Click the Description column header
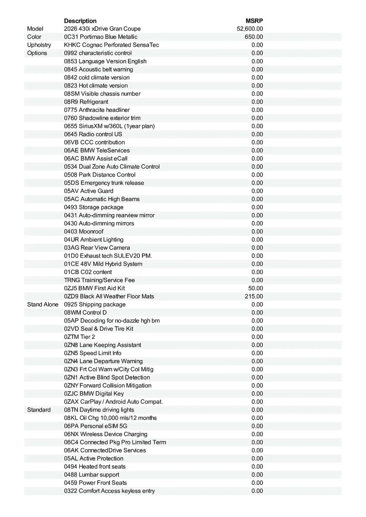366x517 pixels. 80,21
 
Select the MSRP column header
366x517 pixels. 254,21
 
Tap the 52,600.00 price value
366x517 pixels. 250,29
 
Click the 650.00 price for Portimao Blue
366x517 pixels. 254,37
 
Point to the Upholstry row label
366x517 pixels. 39,45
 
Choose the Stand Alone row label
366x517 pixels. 43,305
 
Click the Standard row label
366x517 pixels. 39,410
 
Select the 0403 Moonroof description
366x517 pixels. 84,232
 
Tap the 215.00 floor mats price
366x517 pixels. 254,296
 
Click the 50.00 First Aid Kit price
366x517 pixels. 256,288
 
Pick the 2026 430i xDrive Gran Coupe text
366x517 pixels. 102,29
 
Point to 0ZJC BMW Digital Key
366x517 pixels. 94,394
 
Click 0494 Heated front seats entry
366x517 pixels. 95,467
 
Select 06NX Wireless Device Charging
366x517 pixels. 106,434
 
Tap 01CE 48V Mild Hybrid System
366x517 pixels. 103,264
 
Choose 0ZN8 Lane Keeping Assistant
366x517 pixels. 103,345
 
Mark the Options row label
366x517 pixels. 37,53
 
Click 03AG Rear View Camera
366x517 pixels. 97,248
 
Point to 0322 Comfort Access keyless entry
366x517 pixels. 110,491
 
